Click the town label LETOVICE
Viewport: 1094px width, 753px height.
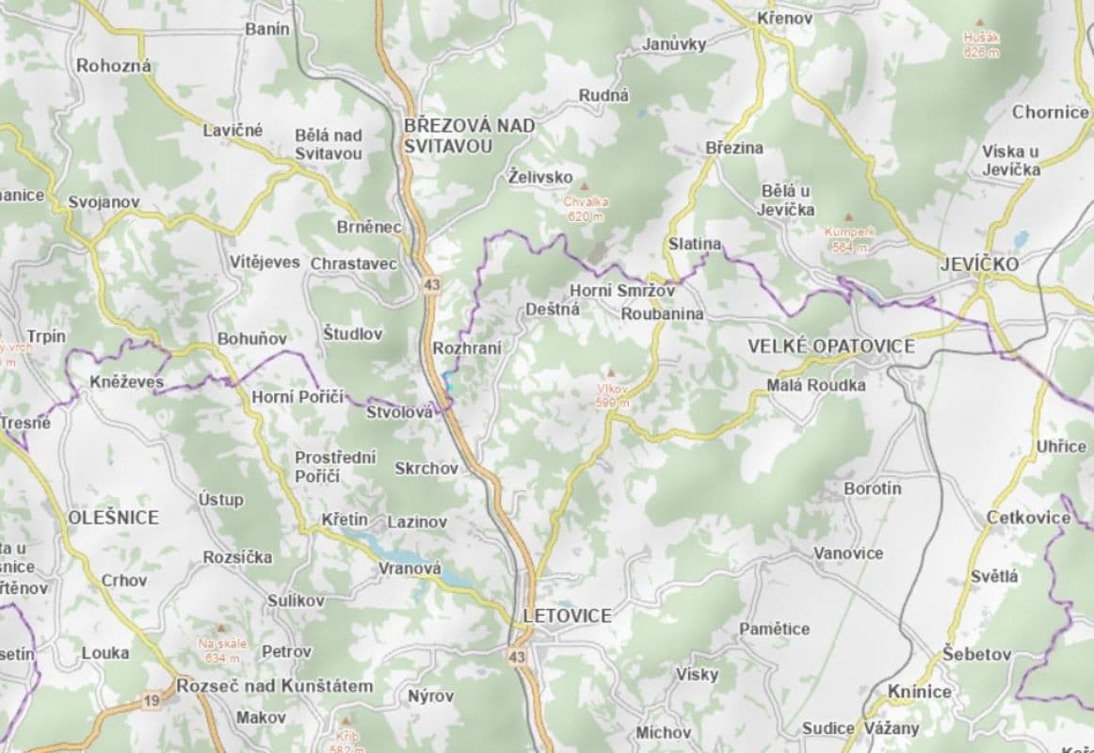[567, 616]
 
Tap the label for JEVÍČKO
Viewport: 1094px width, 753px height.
[979, 264]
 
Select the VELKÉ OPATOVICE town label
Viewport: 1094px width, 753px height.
[830, 346]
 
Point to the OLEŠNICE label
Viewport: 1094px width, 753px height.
[113, 517]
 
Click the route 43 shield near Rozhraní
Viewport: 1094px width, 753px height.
[432, 283]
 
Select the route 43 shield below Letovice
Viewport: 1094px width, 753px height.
[515, 656]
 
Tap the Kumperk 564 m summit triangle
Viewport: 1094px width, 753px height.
[850, 216]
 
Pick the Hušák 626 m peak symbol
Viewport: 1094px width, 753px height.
[981, 24]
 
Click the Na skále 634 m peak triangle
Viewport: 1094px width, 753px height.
[220, 628]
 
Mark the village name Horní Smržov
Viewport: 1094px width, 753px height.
[622, 291]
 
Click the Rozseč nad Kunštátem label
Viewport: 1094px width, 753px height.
[274, 686]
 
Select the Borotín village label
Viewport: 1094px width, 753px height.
[873, 489]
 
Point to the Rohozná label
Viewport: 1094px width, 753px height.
[114, 66]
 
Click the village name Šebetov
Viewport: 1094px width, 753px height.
[977, 654]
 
